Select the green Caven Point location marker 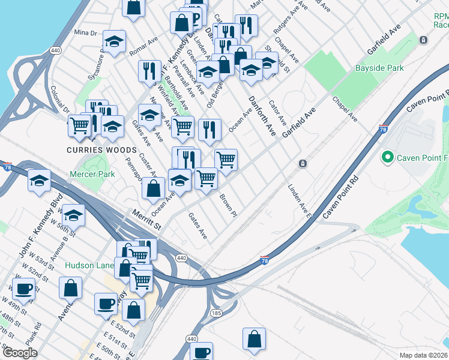pyautogui.click(x=388, y=158)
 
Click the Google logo pyautogui.click(x=20, y=353)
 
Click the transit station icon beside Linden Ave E pyautogui.click(x=304, y=163)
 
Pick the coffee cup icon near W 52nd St pyautogui.click(x=23, y=289)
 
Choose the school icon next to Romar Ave pyautogui.click(x=113, y=41)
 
